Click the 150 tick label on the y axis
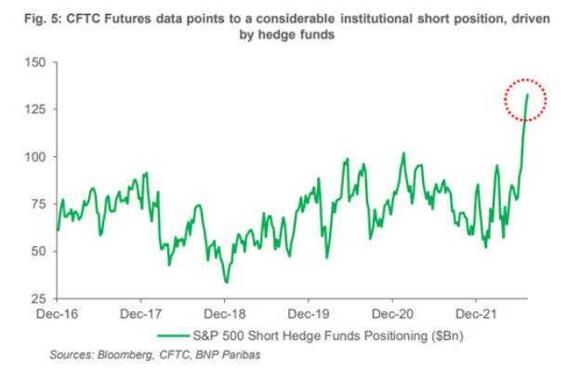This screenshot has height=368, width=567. coord(35,62)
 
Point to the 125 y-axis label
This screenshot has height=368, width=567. coord(35,109)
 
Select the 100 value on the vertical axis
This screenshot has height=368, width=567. coord(35,156)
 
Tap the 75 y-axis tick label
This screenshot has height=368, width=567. coord(39,204)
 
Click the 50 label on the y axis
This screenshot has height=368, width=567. coord(39,251)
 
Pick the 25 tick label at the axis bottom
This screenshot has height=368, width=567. coord(39,298)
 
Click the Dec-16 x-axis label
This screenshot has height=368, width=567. coord(57,314)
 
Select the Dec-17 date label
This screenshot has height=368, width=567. coord(140,314)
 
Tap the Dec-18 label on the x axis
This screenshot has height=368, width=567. coord(225,314)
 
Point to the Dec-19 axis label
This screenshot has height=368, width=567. coord(309,314)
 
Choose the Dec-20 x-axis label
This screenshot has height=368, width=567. coord(392,314)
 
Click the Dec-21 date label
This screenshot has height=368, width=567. coord(476,314)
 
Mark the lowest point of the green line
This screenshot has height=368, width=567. coord(227,283)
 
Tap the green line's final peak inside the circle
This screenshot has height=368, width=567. coord(528,95)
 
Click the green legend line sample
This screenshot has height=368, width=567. coord(174,335)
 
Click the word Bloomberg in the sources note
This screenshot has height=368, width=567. coord(125,355)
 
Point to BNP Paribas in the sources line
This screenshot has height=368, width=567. coord(228,355)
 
